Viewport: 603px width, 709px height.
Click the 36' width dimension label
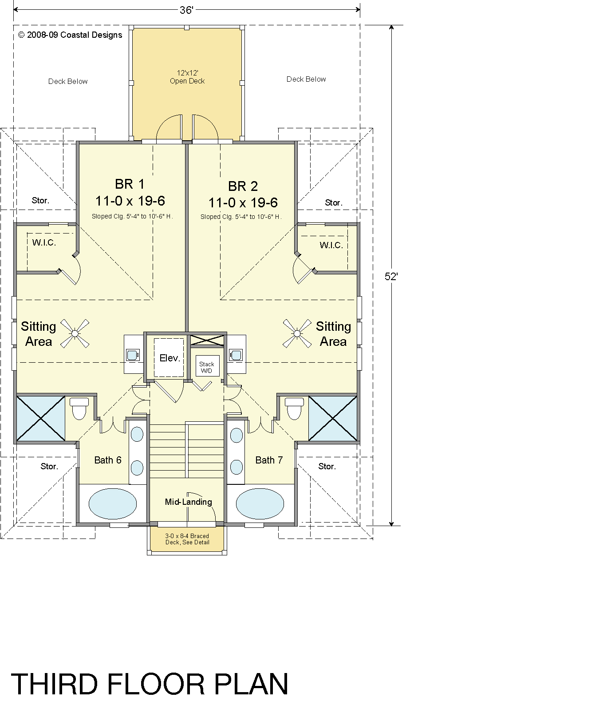point(186,10)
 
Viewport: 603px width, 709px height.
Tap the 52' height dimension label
point(391,276)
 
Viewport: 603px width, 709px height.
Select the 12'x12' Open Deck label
point(187,77)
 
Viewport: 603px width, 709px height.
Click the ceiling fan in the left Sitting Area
point(75,333)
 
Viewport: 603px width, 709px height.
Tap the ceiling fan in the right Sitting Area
point(297,333)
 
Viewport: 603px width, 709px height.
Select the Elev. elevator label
point(169,358)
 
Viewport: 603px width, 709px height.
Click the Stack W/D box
point(207,367)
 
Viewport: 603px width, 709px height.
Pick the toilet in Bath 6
point(80,408)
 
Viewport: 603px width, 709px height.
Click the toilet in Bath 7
point(294,408)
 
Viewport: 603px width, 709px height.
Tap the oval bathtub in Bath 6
point(113,503)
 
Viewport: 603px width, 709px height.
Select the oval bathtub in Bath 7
point(260,503)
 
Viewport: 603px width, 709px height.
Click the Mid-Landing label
point(189,502)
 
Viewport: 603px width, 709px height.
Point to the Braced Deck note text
point(187,539)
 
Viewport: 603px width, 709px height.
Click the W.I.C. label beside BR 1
point(44,243)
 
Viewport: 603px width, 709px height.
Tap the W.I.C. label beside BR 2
point(331,245)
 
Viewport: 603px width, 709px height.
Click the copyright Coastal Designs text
point(70,35)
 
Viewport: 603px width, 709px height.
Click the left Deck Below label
point(68,81)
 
